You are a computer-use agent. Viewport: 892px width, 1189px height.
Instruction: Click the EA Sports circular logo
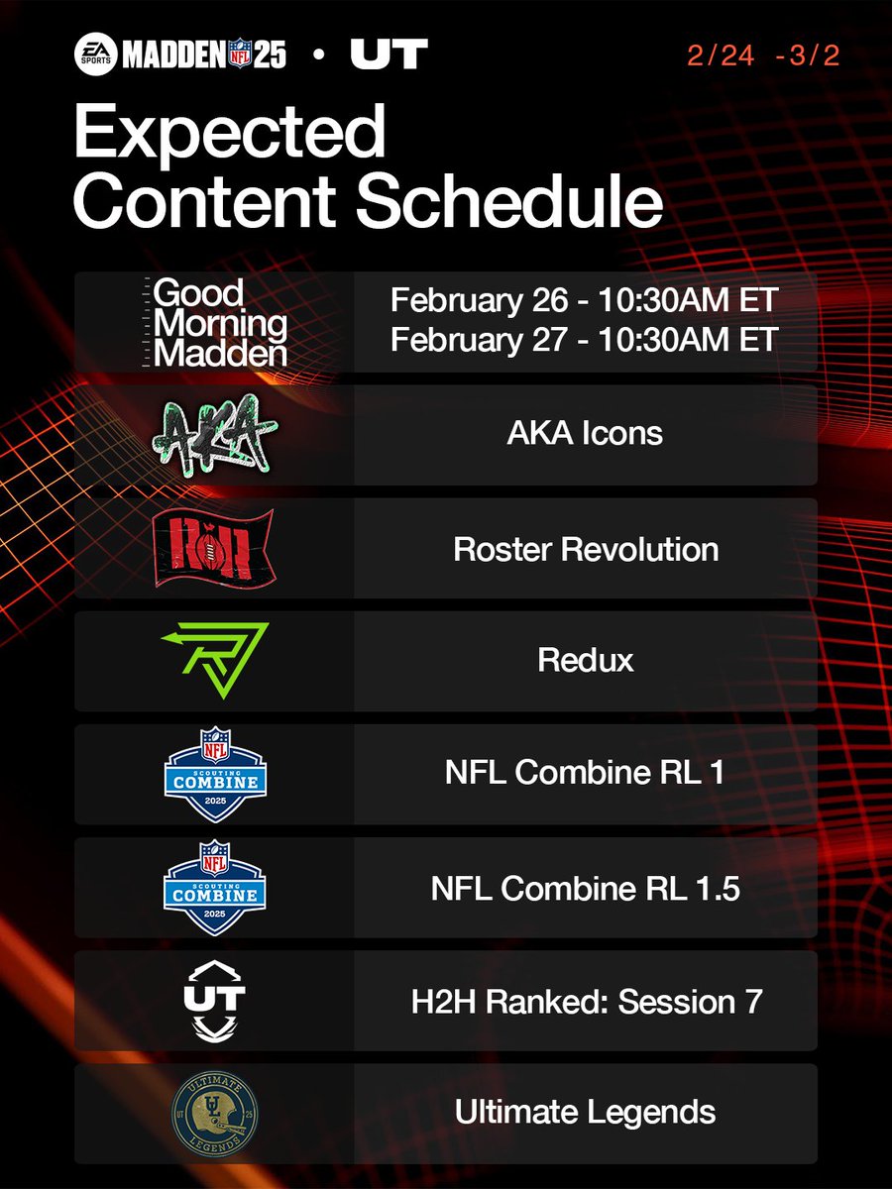96,54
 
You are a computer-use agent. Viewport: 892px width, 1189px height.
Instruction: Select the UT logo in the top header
389,54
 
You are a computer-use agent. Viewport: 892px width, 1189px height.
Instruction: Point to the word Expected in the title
229,134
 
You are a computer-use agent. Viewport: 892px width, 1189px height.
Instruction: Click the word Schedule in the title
509,201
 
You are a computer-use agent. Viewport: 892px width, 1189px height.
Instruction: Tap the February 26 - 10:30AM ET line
585,300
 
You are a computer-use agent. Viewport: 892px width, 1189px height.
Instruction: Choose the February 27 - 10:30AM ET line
585,340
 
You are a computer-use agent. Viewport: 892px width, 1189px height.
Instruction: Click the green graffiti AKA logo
214,433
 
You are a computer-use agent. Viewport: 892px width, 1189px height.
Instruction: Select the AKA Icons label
585,434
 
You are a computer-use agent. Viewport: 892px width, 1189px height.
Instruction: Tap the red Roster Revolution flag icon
214,548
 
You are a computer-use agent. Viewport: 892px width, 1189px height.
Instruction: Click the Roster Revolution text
585,549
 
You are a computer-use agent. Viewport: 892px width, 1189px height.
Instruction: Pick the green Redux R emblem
214,661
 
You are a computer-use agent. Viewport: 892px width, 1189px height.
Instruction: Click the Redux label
585,661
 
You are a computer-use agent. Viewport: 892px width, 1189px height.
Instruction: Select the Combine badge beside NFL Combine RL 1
214,774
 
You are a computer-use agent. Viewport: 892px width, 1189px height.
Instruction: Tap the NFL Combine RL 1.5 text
585,889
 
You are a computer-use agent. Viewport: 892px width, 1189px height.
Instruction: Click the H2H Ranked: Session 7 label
585,1002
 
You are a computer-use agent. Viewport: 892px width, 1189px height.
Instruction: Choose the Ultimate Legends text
585,1113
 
